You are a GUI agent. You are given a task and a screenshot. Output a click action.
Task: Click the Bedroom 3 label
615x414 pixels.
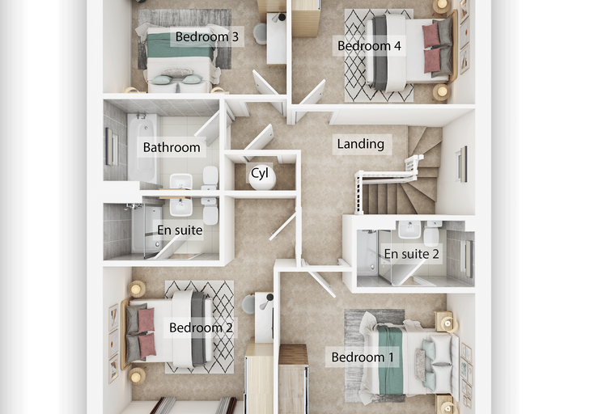pyautogui.click(x=206, y=37)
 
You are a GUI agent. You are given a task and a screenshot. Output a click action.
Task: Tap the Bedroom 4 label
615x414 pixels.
pyautogui.click(x=369, y=46)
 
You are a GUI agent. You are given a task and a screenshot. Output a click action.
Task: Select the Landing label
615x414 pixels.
pyautogui.click(x=360, y=144)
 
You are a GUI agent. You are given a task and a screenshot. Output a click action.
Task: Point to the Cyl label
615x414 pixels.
pyautogui.click(x=260, y=173)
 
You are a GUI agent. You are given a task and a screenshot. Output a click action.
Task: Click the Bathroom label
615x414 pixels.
pyautogui.click(x=172, y=147)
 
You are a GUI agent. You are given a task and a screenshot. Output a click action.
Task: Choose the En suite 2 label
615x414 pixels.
pyautogui.click(x=411, y=254)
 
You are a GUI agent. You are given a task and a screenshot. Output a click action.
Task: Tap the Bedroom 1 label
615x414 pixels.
pyautogui.click(x=363, y=357)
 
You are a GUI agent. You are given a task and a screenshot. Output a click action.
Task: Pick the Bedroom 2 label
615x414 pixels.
pyautogui.click(x=201, y=327)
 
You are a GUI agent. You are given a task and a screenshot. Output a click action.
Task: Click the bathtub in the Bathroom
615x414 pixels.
pyautogui.click(x=142, y=148)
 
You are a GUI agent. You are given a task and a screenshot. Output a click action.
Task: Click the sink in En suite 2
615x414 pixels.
pyautogui.click(x=410, y=230)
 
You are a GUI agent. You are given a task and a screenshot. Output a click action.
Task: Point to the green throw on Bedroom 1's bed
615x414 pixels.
pyautogui.click(x=390, y=360)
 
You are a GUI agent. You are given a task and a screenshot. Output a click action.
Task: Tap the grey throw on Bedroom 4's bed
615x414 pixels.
pyautogui.click(x=379, y=52)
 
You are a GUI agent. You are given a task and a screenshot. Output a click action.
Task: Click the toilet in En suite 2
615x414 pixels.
pyautogui.click(x=432, y=233)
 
